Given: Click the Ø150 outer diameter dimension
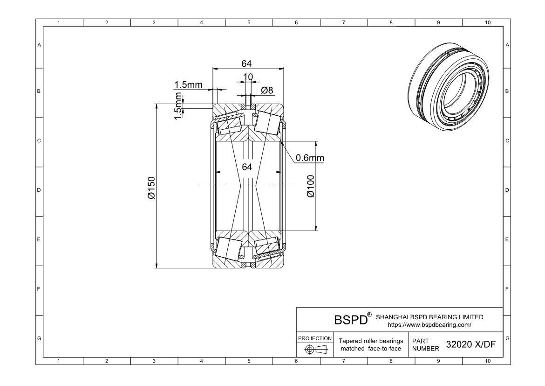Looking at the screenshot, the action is click(151, 188).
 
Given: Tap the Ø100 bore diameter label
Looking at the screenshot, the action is click(311, 186).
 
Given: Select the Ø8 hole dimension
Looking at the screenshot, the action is click(267, 90).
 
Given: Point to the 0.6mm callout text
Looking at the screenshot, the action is click(310, 158).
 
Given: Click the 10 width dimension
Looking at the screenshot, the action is click(248, 77).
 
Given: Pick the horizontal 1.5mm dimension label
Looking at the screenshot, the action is click(188, 84).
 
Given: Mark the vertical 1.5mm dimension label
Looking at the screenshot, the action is click(178, 105).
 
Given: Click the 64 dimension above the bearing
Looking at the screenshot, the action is click(246, 64).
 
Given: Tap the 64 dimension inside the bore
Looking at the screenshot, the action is click(247, 167).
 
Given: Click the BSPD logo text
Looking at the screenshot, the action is click(351, 319).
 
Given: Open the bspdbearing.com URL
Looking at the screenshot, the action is click(429, 325).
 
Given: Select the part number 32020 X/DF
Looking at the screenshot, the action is click(470, 344).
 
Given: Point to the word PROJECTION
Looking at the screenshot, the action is click(315, 338).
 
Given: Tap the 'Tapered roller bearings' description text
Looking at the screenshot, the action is click(371, 341).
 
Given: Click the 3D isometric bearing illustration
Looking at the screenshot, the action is click(449, 87).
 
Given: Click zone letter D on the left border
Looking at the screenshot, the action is click(39, 190).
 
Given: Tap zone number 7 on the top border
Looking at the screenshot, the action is click(343, 23).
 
